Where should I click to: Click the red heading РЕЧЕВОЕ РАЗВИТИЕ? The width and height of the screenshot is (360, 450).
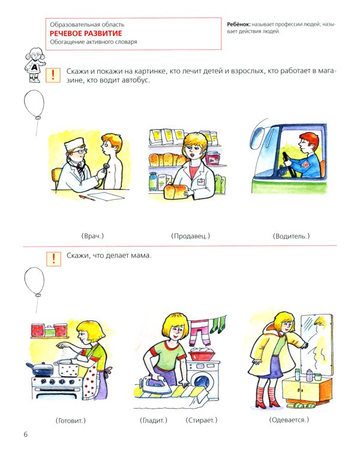click(86, 33)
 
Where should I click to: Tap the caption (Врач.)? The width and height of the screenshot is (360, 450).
click(92, 236)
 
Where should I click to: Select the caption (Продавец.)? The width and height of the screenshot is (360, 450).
click(191, 236)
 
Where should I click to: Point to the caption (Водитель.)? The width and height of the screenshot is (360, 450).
click(291, 236)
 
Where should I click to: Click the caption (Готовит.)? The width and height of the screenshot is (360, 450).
click(70, 421)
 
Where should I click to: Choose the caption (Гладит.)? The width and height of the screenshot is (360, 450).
click(154, 421)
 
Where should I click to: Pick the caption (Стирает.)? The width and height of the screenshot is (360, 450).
click(201, 421)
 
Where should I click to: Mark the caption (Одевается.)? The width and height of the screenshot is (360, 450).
click(289, 420)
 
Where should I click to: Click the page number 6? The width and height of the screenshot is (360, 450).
click(26, 434)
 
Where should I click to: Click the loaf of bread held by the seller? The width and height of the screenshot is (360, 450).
click(176, 191)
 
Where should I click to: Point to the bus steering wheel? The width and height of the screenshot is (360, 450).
click(289, 164)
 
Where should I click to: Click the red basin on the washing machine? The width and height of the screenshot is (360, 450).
click(202, 355)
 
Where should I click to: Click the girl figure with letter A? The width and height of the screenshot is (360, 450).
click(35, 65)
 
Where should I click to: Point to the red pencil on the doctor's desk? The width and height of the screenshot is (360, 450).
click(86, 198)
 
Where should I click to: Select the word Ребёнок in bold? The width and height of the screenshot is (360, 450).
click(239, 25)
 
